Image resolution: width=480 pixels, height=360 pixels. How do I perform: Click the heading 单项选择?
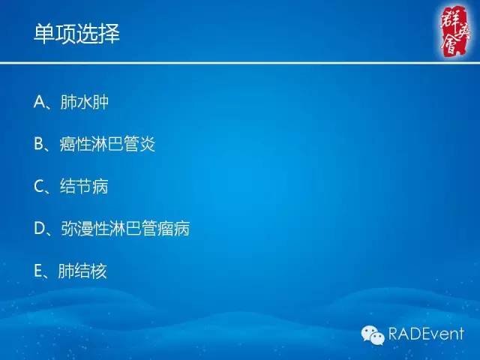(76, 34)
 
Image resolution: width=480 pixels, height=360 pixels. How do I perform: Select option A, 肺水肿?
(71, 102)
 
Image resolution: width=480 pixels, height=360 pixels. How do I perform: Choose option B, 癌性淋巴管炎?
(94, 144)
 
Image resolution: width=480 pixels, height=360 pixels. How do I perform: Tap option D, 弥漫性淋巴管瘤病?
(112, 228)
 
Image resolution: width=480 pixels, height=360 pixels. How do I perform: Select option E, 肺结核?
(70, 270)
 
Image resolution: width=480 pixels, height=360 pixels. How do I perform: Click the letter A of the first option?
(40, 102)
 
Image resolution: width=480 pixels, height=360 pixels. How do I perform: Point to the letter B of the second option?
(40, 144)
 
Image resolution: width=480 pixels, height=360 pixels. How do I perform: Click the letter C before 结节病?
(40, 186)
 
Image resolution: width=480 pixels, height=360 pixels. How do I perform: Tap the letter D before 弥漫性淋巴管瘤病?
(40, 228)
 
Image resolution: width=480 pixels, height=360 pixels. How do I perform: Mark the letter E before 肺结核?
(39, 270)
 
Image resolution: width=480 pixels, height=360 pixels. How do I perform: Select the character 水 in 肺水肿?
(83, 102)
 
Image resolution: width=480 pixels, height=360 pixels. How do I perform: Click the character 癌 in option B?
(66, 144)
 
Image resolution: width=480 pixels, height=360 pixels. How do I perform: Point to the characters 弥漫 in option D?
(75, 228)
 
